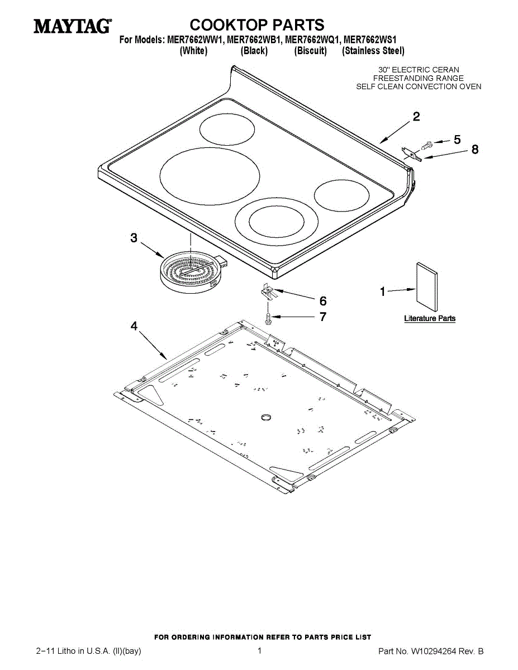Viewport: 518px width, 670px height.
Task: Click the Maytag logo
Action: click(x=72, y=26)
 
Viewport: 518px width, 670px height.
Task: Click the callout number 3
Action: click(x=134, y=238)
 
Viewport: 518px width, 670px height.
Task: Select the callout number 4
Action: click(x=134, y=327)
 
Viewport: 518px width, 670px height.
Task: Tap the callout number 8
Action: click(x=475, y=150)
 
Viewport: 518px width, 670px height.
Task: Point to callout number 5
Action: click(x=457, y=140)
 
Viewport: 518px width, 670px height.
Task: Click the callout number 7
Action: click(x=323, y=317)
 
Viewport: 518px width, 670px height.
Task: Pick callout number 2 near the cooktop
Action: click(x=416, y=117)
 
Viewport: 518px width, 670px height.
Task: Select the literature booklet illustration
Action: click(x=426, y=288)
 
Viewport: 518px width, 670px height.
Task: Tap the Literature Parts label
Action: click(x=430, y=319)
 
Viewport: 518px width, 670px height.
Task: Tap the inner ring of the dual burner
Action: click(x=277, y=222)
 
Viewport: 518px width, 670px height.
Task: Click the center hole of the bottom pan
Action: click(x=266, y=416)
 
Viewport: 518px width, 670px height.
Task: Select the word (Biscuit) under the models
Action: click(x=310, y=51)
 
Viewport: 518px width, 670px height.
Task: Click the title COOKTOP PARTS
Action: click(x=257, y=25)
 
